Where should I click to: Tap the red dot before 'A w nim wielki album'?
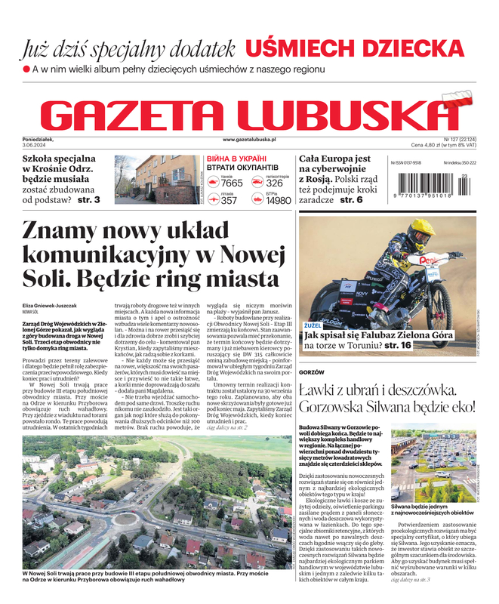click(x=26, y=69)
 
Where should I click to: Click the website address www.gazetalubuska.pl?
click(x=249, y=140)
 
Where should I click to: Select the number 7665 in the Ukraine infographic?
click(x=232, y=183)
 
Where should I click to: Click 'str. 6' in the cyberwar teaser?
click(x=351, y=200)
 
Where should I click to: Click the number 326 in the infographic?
click(x=274, y=183)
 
